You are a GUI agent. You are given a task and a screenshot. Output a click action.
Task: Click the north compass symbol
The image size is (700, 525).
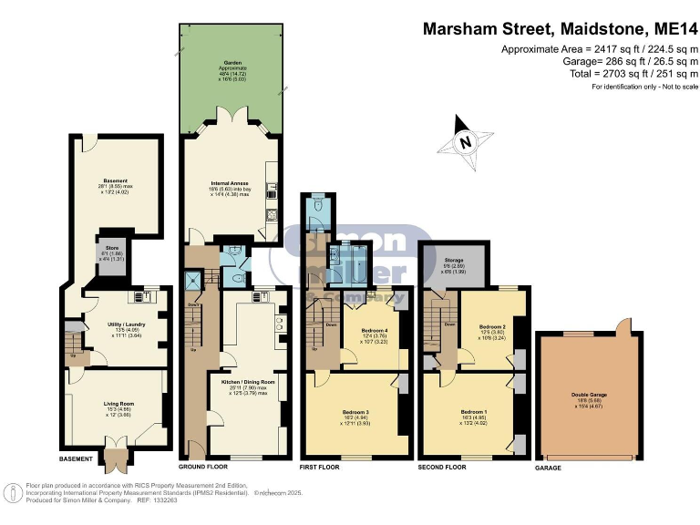(465, 141)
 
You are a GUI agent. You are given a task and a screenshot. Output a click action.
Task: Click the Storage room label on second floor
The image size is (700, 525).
(454, 262)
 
